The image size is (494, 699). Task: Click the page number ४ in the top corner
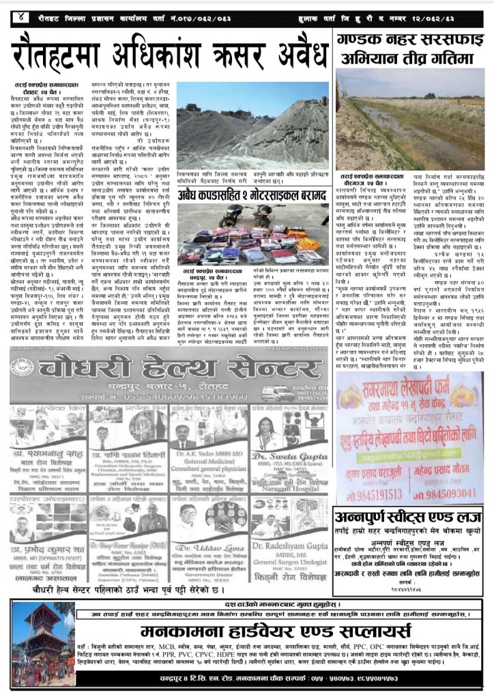pyautogui.click(x=23, y=15)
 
